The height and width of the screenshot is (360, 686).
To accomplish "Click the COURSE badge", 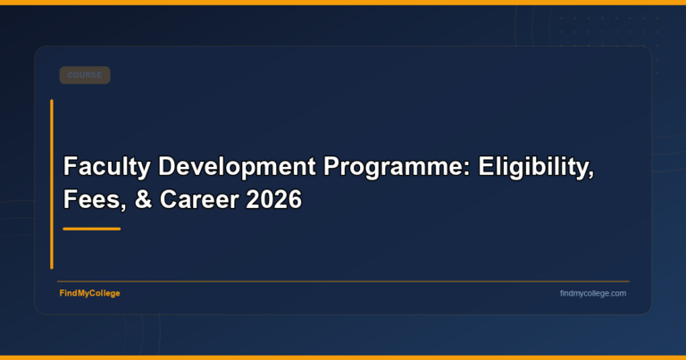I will [85, 75].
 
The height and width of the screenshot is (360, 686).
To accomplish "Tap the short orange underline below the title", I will [91, 229].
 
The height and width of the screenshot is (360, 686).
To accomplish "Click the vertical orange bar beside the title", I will [52, 184].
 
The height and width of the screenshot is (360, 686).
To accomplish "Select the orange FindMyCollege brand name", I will [89, 293].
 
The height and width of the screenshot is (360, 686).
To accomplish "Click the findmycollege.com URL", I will [593, 293].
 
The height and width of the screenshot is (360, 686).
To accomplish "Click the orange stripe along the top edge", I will [343, 2].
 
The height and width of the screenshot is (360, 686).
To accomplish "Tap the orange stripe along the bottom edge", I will [343, 357].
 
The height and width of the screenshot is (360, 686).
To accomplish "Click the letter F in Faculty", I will [70, 167].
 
